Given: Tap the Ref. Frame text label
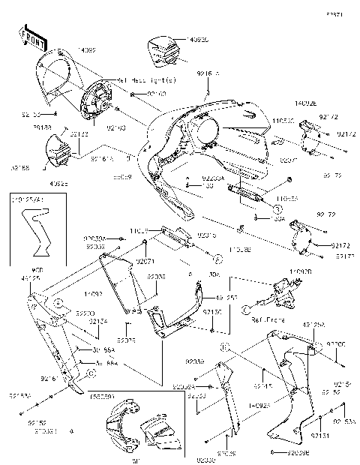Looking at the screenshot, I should tap(267, 319).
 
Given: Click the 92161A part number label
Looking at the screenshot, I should tap(102, 159).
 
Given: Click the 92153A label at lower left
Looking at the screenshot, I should tap(20, 395).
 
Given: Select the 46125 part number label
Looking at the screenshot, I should tap(31, 278).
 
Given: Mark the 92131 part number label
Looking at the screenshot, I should tap(319, 435).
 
